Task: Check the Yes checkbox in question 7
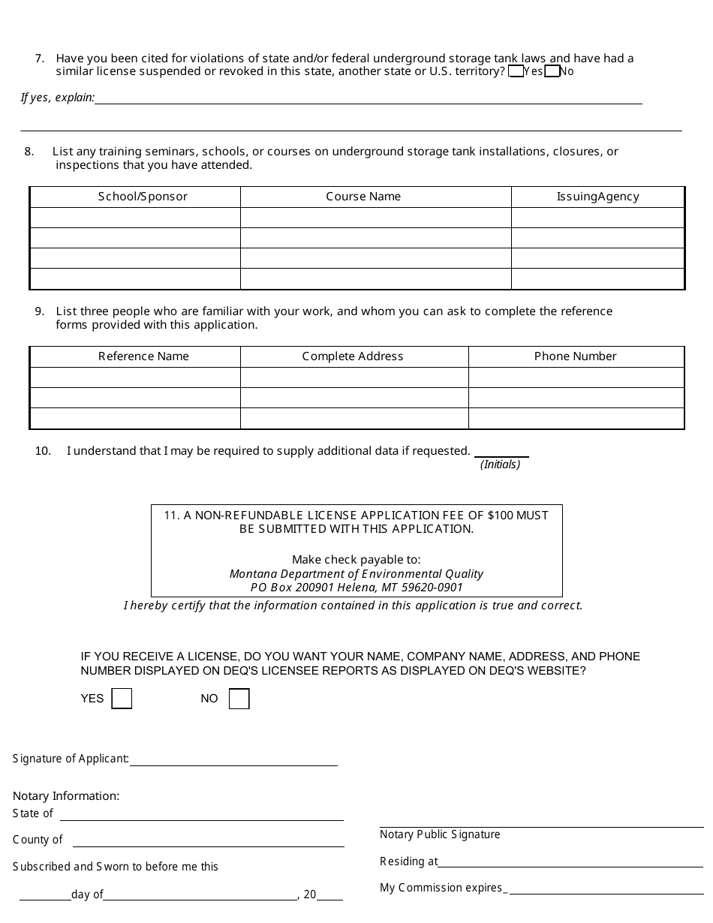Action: [516, 72]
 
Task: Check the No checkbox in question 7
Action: [552, 72]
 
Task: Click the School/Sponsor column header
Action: [143, 197]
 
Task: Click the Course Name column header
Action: [363, 197]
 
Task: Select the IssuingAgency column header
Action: [597, 197]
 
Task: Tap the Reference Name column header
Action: [143, 356]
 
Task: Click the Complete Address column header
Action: [353, 356]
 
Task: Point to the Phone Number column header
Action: [575, 356]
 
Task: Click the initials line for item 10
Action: [501, 452]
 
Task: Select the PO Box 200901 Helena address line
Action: [356, 588]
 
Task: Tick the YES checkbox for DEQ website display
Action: [122, 699]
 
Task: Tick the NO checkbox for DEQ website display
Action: [239, 699]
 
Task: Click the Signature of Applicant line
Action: [233, 761]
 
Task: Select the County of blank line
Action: [208, 842]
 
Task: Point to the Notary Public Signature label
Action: [440, 834]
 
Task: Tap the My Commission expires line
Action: [606, 889]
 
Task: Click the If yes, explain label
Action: [58, 98]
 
